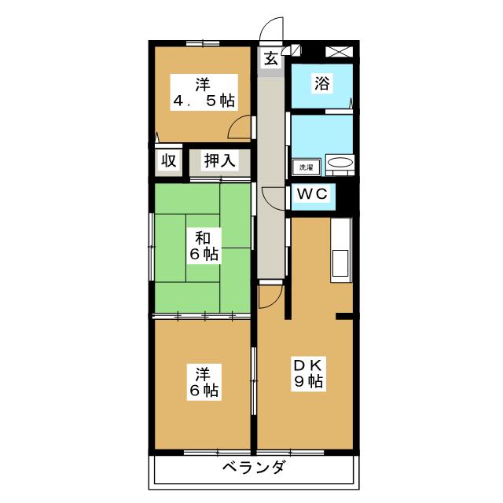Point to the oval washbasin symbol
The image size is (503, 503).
[x=340, y=163]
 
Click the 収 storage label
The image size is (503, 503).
[x=168, y=160]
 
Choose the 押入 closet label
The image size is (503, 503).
[x=218, y=160]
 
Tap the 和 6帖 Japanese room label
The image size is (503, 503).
[x=203, y=244]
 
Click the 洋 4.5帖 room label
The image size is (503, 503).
[x=203, y=91]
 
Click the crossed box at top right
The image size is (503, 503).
[x=339, y=52]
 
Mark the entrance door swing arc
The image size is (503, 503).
[x=271, y=29]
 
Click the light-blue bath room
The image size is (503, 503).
[x=321, y=86]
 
